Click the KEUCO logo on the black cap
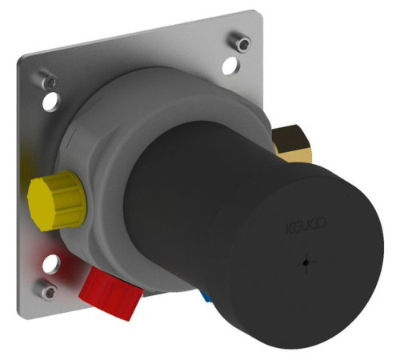click(306, 226)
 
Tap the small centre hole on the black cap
click(306, 262)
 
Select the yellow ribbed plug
click(57, 200)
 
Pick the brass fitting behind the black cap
click(291, 144)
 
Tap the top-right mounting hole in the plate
click(230, 66)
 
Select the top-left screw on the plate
click(47, 80)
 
